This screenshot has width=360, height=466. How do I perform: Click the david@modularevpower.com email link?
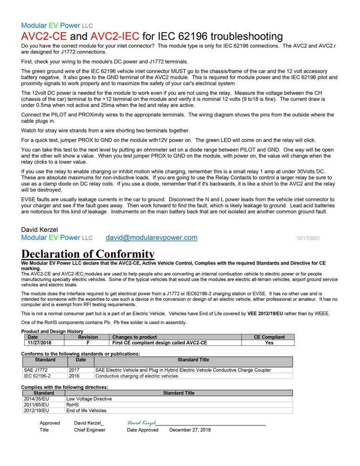151,238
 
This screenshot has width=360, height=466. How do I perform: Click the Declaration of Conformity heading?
88,254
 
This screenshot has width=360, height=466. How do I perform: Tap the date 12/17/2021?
308,238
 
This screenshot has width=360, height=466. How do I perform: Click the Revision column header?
88,337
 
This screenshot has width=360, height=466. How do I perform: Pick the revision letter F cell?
88,343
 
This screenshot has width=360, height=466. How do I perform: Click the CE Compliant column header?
269,337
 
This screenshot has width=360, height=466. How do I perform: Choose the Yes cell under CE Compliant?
269,343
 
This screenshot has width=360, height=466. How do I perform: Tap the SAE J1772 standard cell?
35,370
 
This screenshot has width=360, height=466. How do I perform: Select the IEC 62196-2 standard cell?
37,376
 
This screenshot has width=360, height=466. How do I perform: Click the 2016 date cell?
74,376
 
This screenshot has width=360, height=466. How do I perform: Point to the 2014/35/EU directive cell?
36,399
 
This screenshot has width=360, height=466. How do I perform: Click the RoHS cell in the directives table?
73,405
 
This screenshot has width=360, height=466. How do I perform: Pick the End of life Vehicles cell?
86,411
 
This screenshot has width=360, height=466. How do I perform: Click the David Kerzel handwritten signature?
142,422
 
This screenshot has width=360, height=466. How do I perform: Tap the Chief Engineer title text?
89,430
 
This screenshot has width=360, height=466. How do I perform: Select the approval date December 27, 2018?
190,430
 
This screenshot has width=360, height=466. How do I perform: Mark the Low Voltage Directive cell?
89,399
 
